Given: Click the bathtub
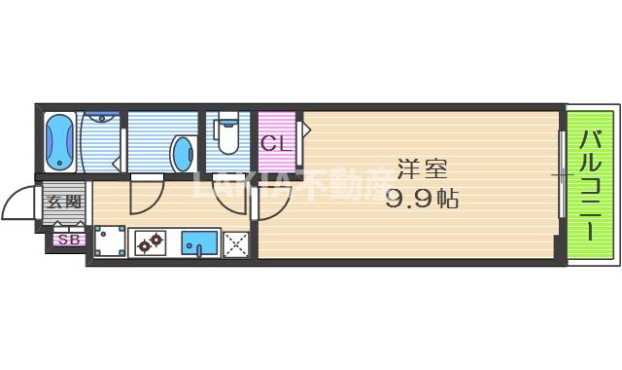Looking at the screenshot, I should (60, 141).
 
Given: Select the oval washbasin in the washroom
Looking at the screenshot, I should (183, 152).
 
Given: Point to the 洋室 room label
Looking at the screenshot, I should (421, 168).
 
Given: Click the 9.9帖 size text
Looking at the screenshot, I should (422, 200).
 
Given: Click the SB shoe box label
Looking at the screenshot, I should (68, 239).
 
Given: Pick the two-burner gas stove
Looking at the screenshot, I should (150, 243).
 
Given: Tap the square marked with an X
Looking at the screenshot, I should (235, 244).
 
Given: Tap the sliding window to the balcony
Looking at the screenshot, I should (562, 176).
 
